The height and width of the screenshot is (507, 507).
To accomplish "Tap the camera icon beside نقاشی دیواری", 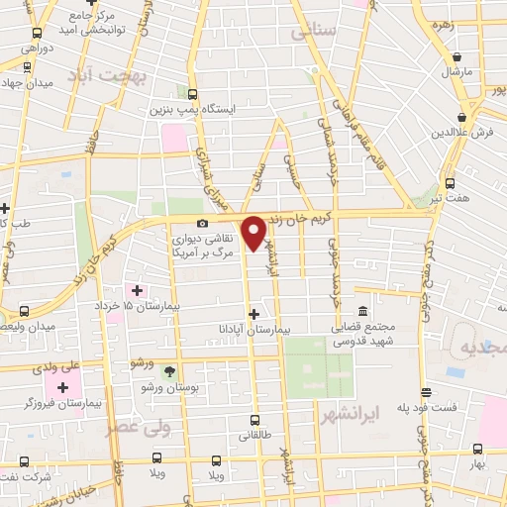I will pos(202,224).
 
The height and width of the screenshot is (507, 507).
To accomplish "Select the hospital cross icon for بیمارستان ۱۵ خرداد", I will pos(136,290).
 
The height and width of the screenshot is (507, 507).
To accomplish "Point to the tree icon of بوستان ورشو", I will pos(168,372).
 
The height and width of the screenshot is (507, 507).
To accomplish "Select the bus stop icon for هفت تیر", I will pos(451,183).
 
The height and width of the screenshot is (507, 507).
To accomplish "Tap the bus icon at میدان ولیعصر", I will pos(24,311).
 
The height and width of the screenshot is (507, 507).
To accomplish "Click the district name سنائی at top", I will pos(315,32).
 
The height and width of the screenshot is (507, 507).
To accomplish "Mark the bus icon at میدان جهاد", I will pos(26,68).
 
